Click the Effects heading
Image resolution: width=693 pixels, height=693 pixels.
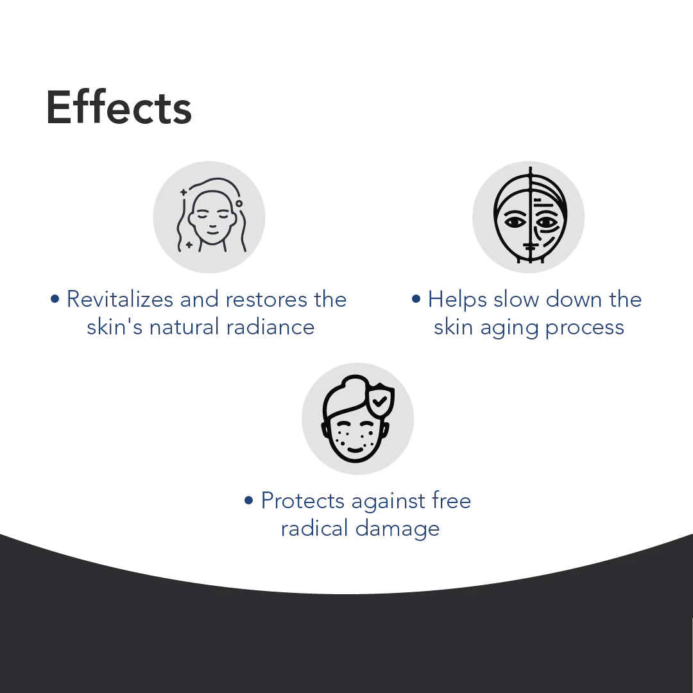(x=119, y=108)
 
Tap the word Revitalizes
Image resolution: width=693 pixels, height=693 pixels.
(x=120, y=299)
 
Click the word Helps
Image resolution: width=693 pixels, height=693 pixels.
(x=458, y=300)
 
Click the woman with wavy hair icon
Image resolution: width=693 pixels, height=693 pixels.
(x=209, y=217)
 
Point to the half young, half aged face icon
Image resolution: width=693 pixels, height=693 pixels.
(x=529, y=217)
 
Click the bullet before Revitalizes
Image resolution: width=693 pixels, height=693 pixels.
(x=55, y=299)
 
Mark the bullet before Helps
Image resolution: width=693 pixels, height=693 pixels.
(x=416, y=299)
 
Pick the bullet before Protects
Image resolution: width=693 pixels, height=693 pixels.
(x=250, y=501)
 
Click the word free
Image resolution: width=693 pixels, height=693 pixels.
(x=450, y=501)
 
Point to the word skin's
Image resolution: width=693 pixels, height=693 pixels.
(x=115, y=327)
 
